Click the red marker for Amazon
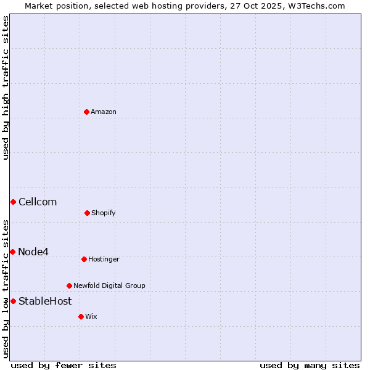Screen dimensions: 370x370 [87, 112]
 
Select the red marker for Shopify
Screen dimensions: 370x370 [87, 213]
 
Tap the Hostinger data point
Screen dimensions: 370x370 [84, 259]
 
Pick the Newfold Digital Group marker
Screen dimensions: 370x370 [69, 286]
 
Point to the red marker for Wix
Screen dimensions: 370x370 [81, 316]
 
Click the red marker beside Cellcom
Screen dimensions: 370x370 [13, 202]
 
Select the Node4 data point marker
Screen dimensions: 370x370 [12, 252]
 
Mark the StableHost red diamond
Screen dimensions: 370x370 [13, 301]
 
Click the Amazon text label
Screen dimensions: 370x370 [104, 112]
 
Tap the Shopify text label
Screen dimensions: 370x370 [104, 213]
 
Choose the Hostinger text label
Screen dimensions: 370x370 [104, 259]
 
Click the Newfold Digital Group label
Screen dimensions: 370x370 [109, 286]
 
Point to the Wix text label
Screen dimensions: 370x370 [91, 316]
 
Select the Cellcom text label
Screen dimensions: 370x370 [38, 202]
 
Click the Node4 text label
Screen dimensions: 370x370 [33, 252]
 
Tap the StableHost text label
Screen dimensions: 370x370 [45, 301]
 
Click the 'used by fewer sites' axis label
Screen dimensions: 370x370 [64, 365]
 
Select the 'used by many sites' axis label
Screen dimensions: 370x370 [310, 365]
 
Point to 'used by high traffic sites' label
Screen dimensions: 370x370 [6, 88]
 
